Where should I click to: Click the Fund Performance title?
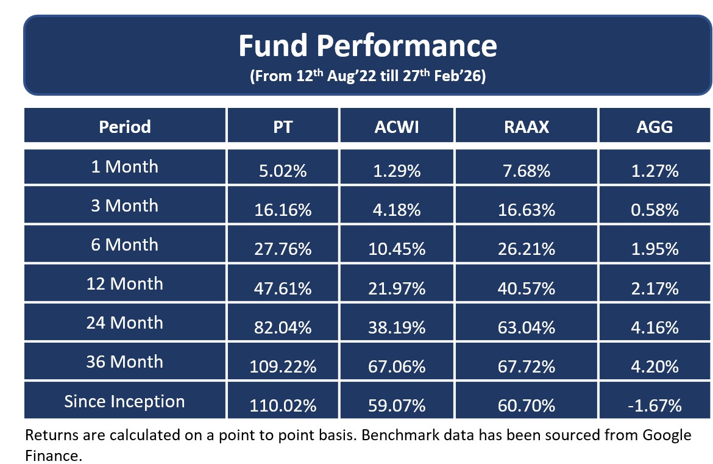click(x=367, y=46)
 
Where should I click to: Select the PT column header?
click(x=282, y=127)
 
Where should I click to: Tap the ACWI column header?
click(x=397, y=127)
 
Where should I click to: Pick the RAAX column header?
click(x=526, y=127)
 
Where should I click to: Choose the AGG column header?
click(x=655, y=127)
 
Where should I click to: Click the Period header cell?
click(x=124, y=127)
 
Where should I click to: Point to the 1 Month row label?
click(x=124, y=166)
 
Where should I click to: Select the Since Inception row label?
click(x=124, y=401)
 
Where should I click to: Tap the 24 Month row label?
click(x=124, y=323)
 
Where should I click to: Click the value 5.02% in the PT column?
click(x=282, y=171)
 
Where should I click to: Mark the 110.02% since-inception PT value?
click(x=282, y=405)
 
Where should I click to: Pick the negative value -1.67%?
click(x=655, y=405)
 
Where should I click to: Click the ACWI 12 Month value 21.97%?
click(x=397, y=288)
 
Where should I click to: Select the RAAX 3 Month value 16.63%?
click(x=526, y=210)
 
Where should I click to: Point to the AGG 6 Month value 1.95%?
click(x=655, y=249)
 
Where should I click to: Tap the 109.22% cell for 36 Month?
click(x=282, y=366)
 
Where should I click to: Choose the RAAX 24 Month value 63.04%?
click(x=526, y=327)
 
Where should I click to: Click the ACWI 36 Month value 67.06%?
click(x=397, y=366)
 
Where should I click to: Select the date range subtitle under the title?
click(x=367, y=77)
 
